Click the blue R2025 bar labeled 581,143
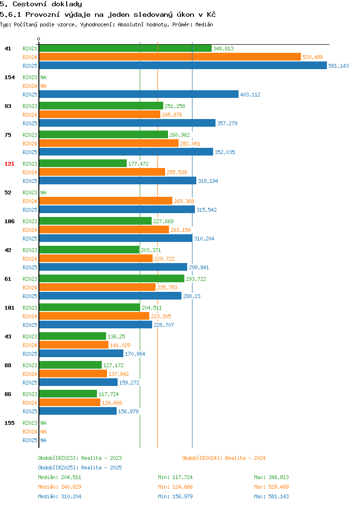(183, 65)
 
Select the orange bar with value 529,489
(170, 57)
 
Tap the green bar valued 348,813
(125, 48)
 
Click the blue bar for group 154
(139, 94)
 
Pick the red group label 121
(9, 164)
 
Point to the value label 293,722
(196, 279)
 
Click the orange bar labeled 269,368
(106, 201)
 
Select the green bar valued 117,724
(68, 394)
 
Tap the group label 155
(9, 423)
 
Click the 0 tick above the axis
(39, 39)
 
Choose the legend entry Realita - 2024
(224, 458)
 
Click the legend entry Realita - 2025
(80, 468)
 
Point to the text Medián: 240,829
(60, 487)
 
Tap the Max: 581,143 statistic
(271, 496)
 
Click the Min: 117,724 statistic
(175, 477)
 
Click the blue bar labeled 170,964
(81, 353)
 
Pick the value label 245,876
(172, 115)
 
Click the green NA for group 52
(44, 192)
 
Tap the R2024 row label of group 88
(30, 374)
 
